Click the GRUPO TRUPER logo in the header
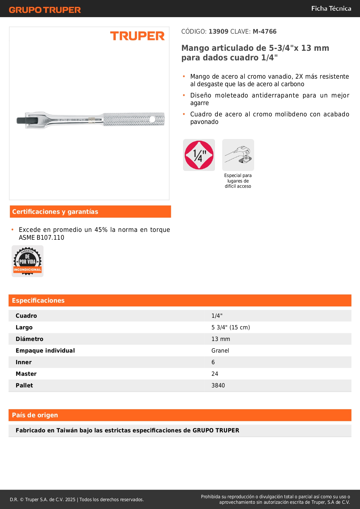pos(45,10)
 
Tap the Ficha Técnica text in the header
pos(331,9)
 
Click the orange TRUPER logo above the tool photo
pos(137,36)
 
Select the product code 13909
pos(218,32)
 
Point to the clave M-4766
pos(265,32)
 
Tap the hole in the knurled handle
pos(152,119)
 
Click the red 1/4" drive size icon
pos(199,155)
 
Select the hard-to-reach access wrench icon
pos(238,155)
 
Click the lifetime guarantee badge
pos(28,261)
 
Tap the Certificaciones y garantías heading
pos(55,212)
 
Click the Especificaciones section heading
pos(38,301)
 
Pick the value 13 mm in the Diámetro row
pos(220,339)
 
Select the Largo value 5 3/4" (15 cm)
pos(231,327)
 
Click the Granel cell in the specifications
pos(220,351)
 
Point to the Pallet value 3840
pos(218,385)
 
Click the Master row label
pos(26,374)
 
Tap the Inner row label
pos(23,362)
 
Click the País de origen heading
pos(35,415)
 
